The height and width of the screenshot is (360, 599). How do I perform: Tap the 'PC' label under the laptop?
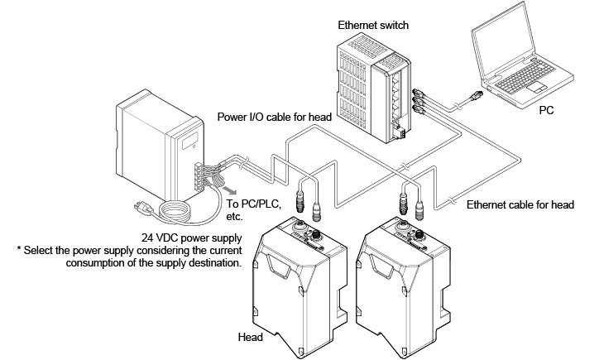pyautogui.click(x=547, y=108)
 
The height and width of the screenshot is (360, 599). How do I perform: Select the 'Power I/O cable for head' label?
pyautogui.click(x=274, y=118)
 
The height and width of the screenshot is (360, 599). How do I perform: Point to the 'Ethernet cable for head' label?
pyautogui.click(x=520, y=204)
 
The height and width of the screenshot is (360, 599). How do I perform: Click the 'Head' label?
pyautogui.click(x=251, y=338)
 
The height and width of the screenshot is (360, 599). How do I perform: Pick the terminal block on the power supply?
pyautogui.click(x=200, y=175)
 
